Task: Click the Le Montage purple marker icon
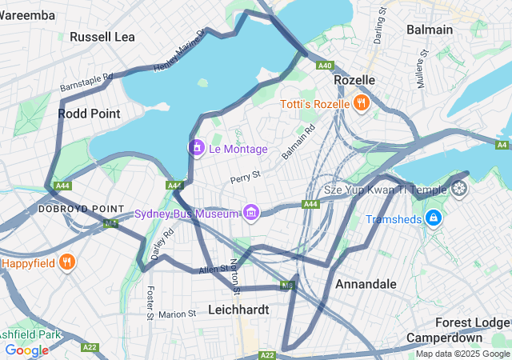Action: [x=196, y=148]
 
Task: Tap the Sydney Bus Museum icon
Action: [x=251, y=213]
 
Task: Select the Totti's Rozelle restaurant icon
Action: [x=361, y=103]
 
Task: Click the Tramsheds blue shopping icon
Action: [x=433, y=218]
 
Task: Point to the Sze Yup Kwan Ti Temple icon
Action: [x=459, y=190]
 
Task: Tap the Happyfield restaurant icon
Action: [x=67, y=262]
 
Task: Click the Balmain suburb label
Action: [x=429, y=30]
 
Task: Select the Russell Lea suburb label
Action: [x=102, y=37]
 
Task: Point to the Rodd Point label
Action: [x=89, y=114]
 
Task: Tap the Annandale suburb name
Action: [x=366, y=284]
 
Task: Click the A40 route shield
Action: [x=325, y=66]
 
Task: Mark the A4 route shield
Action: [x=502, y=145]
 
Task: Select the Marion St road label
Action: [x=177, y=314]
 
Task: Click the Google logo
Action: [x=26, y=350]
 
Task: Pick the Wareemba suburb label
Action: [x=29, y=15]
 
